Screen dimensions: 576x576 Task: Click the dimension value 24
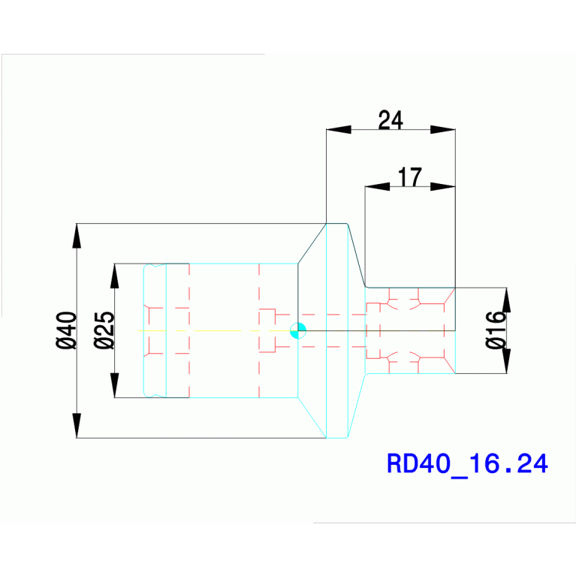(x=391, y=120)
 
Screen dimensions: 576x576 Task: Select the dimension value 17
(x=410, y=177)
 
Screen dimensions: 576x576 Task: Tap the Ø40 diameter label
(x=66, y=330)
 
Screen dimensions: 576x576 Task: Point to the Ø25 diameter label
(x=104, y=330)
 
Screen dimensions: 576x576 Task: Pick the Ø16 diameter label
(x=496, y=330)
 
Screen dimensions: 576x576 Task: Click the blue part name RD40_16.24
(x=467, y=463)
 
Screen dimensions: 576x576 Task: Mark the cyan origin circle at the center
(x=298, y=330)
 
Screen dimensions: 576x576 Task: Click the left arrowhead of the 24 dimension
(x=339, y=130)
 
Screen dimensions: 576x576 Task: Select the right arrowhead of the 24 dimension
(x=443, y=130)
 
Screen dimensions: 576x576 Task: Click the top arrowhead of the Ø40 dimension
(x=77, y=236)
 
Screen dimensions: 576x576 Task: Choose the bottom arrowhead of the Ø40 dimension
(x=77, y=425)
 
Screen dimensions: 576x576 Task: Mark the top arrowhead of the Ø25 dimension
(x=115, y=276)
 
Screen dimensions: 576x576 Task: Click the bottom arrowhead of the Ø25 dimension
(x=115, y=385)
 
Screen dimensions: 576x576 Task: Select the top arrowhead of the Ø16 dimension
(x=506, y=300)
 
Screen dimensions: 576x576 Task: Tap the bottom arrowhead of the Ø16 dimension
(x=506, y=361)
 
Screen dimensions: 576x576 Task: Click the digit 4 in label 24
(x=397, y=120)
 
